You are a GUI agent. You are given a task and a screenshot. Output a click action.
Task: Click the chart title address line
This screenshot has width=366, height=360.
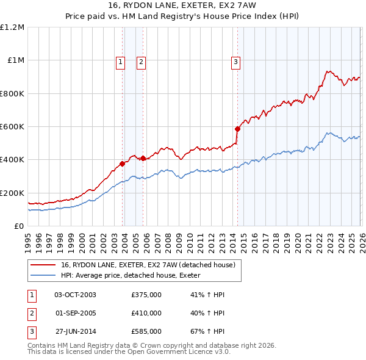(x=183, y=5)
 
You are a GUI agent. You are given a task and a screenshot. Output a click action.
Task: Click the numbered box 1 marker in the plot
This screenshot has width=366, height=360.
(x=120, y=61)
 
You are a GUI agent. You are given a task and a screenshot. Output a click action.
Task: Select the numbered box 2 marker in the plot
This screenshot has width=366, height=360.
(x=141, y=61)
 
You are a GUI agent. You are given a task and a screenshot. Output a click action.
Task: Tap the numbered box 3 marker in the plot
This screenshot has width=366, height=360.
(x=235, y=61)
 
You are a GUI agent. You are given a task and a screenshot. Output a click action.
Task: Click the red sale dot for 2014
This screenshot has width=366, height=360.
(x=237, y=129)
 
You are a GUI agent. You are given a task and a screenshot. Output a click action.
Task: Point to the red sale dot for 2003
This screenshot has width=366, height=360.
(x=123, y=164)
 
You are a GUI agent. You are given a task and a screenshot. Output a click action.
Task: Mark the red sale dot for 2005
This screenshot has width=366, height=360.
(x=143, y=158)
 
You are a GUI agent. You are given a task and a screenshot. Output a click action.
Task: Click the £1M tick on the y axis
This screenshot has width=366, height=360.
(x=16, y=60)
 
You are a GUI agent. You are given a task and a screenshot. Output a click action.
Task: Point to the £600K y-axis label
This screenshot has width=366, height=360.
(x=12, y=127)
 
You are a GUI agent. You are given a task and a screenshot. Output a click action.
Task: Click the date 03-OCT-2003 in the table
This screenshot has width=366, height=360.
(x=75, y=295)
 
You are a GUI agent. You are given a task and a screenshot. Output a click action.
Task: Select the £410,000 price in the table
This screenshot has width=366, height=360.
(x=146, y=313)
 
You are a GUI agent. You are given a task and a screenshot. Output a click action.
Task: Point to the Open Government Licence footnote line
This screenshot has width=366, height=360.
(x=129, y=351)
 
